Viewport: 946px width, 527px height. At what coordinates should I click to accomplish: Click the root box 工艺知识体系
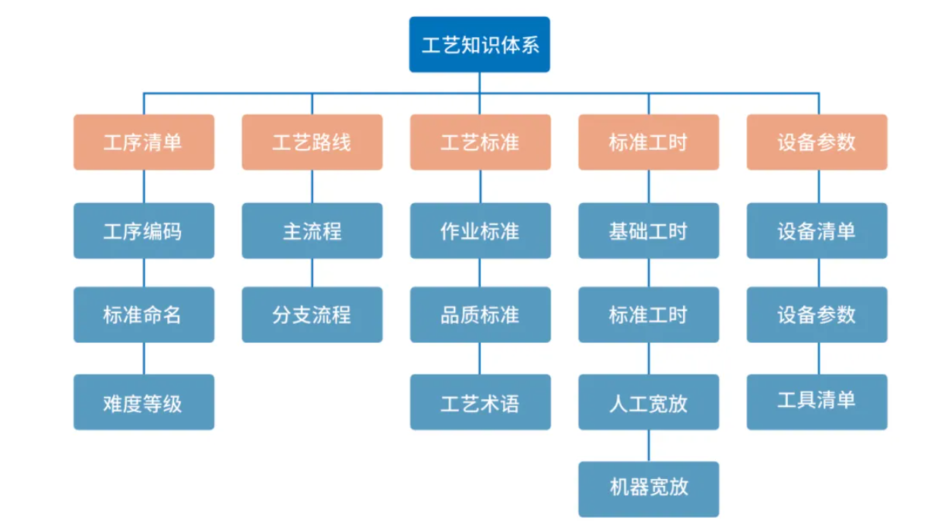pos(479,45)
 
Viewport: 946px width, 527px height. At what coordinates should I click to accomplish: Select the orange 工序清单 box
pos(144,142)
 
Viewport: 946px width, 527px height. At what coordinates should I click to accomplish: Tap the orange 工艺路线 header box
pos(312,142)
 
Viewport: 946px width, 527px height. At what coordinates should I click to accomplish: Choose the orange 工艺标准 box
pos(480,142)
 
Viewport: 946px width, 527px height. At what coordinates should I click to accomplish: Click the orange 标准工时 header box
pos(648,142)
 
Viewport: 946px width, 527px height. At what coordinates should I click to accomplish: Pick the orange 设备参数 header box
pos(817,142)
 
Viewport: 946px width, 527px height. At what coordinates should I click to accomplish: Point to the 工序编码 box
pos(144,230)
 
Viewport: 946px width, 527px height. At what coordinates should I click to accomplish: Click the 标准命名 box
pos(144,314)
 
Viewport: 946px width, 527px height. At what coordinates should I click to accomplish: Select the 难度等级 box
pos(144,402)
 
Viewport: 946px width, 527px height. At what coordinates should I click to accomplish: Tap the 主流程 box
pos(312,230)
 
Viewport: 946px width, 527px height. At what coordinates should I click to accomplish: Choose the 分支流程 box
pos(312,314)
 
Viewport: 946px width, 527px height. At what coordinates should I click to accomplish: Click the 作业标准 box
pos(480,230)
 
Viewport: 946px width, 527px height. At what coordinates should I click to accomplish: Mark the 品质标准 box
pos(480,314)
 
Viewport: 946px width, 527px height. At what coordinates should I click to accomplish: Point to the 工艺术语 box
pos(480,402)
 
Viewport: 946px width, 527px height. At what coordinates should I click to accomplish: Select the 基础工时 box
pos(648,230)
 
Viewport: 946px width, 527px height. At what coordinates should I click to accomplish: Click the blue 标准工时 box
pos(648,314)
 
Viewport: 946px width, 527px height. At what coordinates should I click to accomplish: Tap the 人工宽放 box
pos(648,402)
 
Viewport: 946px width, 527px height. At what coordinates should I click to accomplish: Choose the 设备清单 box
pos(817,230)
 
